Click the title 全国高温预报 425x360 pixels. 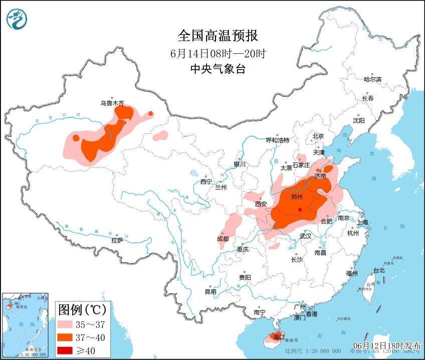(217, 36)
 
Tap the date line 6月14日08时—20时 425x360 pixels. (217, 53)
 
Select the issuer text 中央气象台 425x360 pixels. (217, 69)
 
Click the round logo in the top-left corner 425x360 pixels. (17, 19)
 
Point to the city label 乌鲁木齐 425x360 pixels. (111, 103)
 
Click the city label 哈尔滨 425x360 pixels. (372, 79)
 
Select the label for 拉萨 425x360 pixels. (117, 240)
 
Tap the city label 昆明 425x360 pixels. (210, 291)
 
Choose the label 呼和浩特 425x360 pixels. (277, 140)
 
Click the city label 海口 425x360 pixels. (277, 336)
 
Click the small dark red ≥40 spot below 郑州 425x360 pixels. (299, 210)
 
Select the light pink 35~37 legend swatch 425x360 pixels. (68, 324)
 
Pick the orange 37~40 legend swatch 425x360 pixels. (68, 337)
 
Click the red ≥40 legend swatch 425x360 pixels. (68, 349)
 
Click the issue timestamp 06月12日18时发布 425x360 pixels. (387, 346)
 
